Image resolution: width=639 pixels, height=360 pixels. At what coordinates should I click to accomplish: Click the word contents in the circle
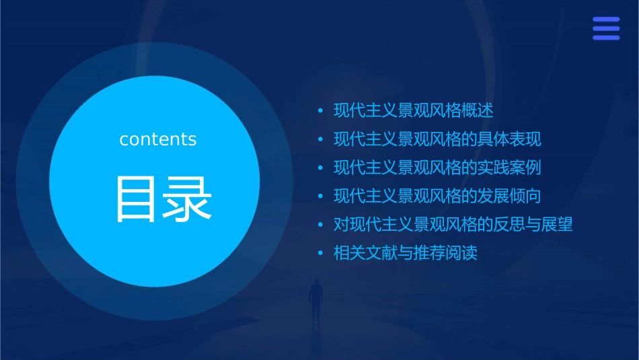point(158,139)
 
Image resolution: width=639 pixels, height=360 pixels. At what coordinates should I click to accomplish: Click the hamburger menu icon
point(605,28)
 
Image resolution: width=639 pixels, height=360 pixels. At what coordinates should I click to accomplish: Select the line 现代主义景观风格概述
point(414,110)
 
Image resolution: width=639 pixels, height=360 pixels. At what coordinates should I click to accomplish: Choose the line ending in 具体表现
point(437,139)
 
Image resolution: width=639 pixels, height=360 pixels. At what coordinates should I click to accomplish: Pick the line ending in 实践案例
point(437,168)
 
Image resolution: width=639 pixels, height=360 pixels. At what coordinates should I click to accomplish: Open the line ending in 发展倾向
point(437,196)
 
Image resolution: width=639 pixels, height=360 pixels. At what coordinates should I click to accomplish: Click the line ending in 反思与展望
point(453,225)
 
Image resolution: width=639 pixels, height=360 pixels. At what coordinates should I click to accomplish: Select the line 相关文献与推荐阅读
point(406,254)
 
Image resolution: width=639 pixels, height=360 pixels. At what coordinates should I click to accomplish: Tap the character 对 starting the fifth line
point(341,225)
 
